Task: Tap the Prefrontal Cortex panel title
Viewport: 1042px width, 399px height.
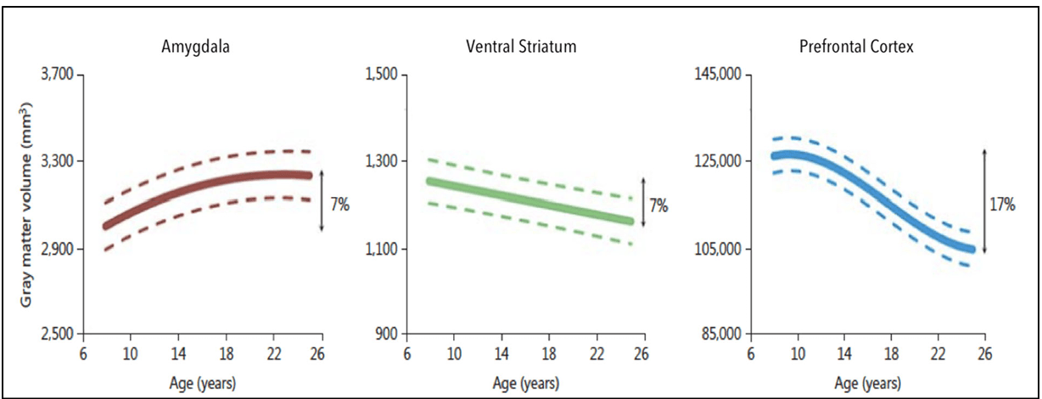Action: click(856, 47)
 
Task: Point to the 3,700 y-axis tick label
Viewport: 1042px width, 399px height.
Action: click(59, 76)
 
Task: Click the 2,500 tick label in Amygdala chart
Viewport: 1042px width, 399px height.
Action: click(59, 334)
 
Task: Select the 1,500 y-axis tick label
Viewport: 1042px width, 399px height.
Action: click(382, 76)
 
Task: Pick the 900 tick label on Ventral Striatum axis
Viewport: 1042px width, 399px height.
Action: click(388, 334)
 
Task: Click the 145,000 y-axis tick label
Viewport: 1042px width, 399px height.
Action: click(719, 76)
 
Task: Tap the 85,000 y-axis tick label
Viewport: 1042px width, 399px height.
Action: click(721, 334)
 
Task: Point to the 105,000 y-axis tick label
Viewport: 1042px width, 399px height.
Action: click(719, 249)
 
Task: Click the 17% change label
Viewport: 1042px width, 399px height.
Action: click(1003, 205)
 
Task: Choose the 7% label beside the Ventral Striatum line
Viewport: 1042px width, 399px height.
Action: click(658, 205)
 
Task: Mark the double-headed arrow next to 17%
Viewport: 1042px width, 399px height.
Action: click(984, 200)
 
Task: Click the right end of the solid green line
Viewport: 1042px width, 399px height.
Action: click(630, 222)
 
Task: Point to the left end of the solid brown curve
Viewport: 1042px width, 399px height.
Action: click(106, 226)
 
